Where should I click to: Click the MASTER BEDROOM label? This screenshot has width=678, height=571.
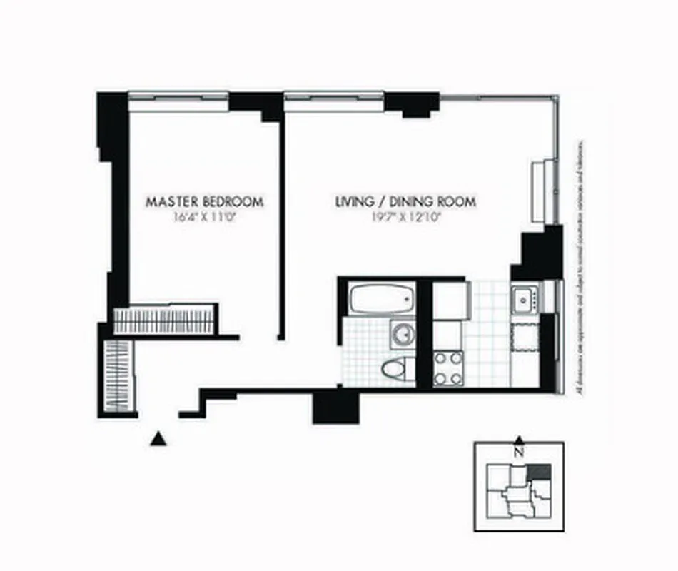[x=204, y=201]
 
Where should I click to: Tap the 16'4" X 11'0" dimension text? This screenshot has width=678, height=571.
[x=204, y=219]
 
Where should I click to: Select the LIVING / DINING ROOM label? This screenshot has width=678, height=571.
[x=405, y=201]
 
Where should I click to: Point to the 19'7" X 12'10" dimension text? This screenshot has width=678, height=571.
[x=405, y=219]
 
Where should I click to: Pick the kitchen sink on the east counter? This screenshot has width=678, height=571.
[x=525, y=298]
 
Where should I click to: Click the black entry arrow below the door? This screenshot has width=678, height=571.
[x=158, y=438]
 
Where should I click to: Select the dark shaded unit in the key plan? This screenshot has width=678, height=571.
[x=540, y=472]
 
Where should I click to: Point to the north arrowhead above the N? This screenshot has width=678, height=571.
[x=520, y=440]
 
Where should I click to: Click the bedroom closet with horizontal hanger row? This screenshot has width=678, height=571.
[x=165, y=319]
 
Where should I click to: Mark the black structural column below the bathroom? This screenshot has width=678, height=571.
[x=334, y=408]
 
